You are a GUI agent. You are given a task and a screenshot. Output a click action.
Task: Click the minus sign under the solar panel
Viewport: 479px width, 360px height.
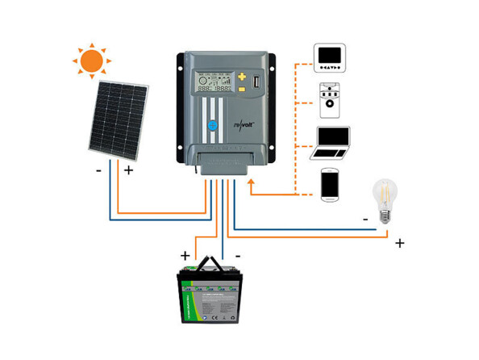coord(98,170)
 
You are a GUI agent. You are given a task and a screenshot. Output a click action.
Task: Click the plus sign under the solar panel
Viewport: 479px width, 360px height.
coord(128,170)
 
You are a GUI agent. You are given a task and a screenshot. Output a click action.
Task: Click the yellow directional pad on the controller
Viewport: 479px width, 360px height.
coord(241,82)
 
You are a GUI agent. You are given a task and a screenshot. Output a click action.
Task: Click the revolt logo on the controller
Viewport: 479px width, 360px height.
coord(243,124)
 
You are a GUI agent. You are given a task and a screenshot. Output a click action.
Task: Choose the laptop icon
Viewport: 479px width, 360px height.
coord(331,143)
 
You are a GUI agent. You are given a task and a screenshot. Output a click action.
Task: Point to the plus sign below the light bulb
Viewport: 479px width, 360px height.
coord(399,243)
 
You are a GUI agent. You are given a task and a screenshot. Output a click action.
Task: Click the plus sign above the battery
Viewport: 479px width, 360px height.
coord(186,255)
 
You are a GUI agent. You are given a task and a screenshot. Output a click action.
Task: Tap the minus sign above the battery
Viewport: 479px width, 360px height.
coord(240,255)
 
